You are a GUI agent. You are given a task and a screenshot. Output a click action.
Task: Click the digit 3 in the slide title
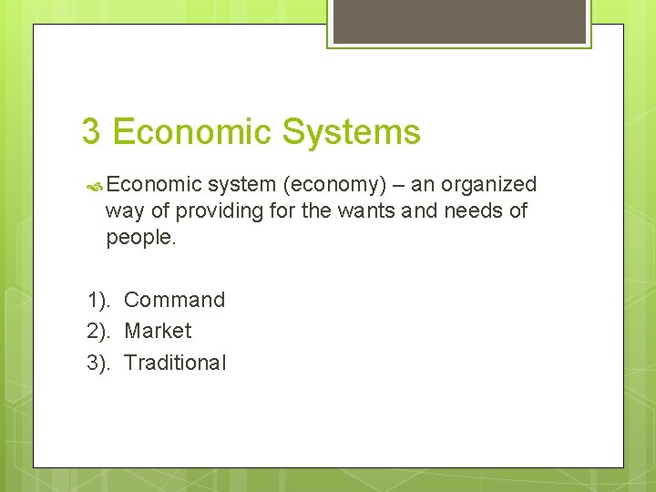[91, 131]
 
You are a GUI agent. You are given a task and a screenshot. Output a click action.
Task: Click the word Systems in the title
[351, 133]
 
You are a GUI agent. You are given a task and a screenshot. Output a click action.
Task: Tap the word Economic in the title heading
[192, 131]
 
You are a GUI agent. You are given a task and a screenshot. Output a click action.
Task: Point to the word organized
[488, 184]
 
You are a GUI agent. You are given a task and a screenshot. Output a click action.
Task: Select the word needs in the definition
[478, 210]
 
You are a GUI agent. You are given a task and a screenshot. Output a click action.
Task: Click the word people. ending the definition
[139, 238]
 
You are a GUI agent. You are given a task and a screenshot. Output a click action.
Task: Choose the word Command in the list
[174, 300]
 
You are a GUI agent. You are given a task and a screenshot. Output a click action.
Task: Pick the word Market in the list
[158, 331]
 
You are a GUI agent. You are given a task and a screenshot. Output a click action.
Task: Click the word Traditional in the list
[174, 363]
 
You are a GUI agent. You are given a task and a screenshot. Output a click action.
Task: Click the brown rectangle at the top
[458, 20]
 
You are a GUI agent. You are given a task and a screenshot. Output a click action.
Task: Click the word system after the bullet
[241, 185]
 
